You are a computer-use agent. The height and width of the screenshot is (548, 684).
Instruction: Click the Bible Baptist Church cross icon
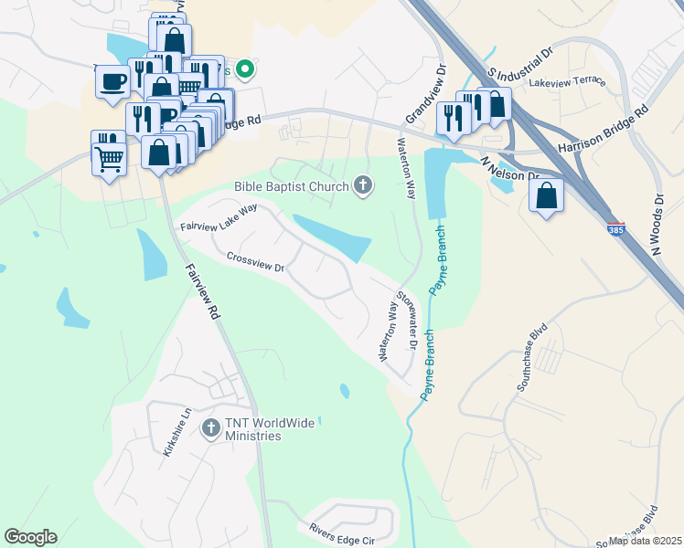coord(363,187)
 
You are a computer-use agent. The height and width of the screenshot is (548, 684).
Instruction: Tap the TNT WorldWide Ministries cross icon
coord(211,427)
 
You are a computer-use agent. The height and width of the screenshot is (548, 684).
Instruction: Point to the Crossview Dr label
coord(255,263)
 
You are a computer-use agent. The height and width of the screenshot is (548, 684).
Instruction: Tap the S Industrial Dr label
coord(521,61)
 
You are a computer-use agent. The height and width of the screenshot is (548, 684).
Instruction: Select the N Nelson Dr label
coord(510,169)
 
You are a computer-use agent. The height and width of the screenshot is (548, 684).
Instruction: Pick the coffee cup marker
coord(112,81)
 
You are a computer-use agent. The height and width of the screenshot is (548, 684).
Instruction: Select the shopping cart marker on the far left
coord(109,159)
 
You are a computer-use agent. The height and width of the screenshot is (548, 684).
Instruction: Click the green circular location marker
coord(245,68)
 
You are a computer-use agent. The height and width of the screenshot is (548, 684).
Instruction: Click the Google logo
coord(31,537)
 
